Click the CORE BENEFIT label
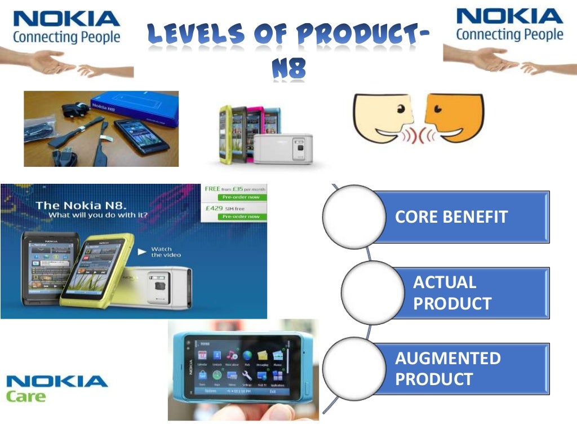click(451, 217)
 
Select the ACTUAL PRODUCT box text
click(452, 293)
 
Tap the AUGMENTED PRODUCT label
click(448, 368)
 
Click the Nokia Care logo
click(56, 388)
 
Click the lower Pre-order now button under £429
click(241, 216)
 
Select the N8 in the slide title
click(288, 69)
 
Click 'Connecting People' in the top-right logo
click(509, 34)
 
